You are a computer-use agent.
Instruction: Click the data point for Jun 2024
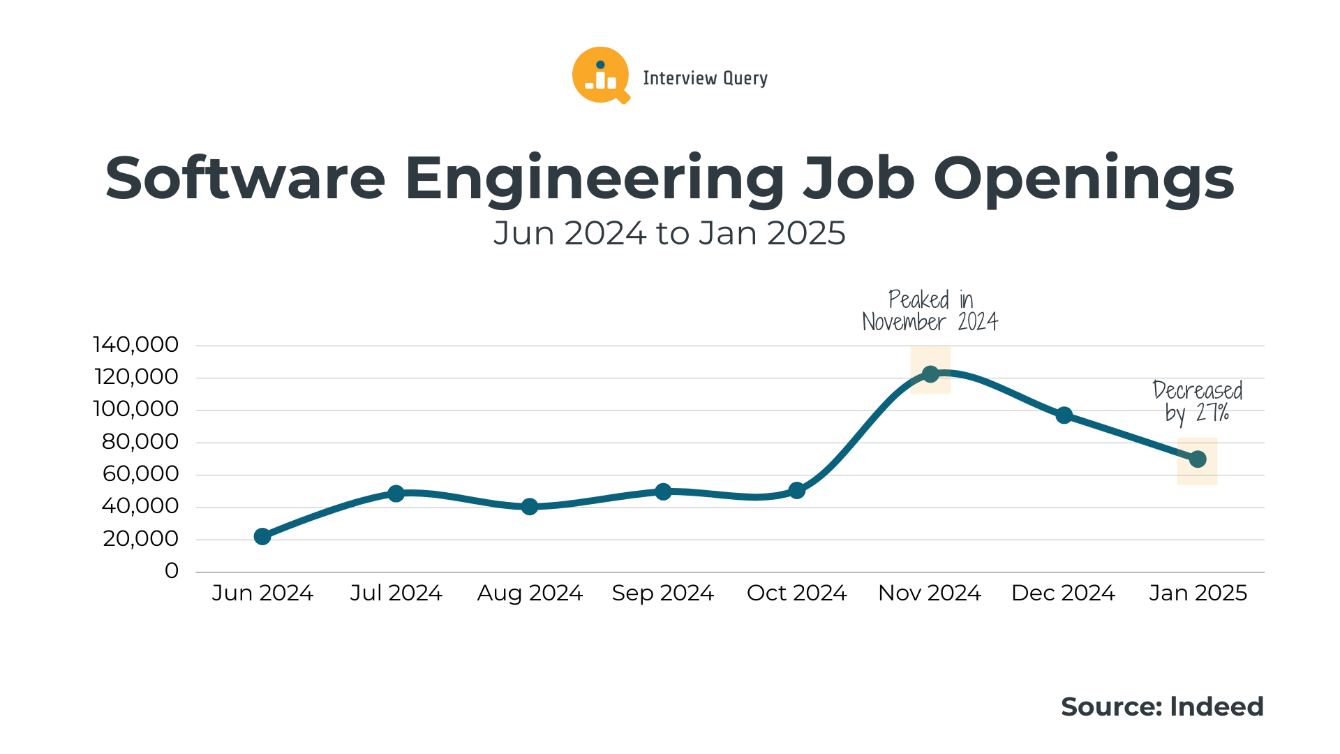coord(262,536)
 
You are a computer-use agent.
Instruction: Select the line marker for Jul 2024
coord(396,494)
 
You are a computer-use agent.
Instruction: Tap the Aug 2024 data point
coord(530,506)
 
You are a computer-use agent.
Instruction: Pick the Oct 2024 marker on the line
coord(797,491)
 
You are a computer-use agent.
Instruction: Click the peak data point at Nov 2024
coord(930,374)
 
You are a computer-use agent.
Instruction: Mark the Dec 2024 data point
coord(1064,415)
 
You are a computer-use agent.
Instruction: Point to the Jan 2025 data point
coord(1198,459)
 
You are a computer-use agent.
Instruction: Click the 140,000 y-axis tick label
coord(136,344)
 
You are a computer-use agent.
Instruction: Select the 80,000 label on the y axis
coord(140,441)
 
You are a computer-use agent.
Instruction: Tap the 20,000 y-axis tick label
coord(141,538)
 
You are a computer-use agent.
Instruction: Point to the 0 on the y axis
coord(172,570)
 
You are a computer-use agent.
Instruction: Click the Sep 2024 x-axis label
coord(663,593)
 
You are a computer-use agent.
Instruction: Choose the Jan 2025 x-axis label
coord(1198,593)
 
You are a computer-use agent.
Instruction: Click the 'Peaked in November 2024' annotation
coord(930,311)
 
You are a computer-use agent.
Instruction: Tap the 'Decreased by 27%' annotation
coord(1198,401)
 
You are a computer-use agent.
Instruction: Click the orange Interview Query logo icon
coord(600,75)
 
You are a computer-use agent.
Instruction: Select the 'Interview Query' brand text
coord(705,78)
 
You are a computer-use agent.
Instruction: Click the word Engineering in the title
coord(595,179)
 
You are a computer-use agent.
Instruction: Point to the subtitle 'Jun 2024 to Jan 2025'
coord(669,233)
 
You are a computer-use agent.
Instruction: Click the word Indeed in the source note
coord(1216,707)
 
